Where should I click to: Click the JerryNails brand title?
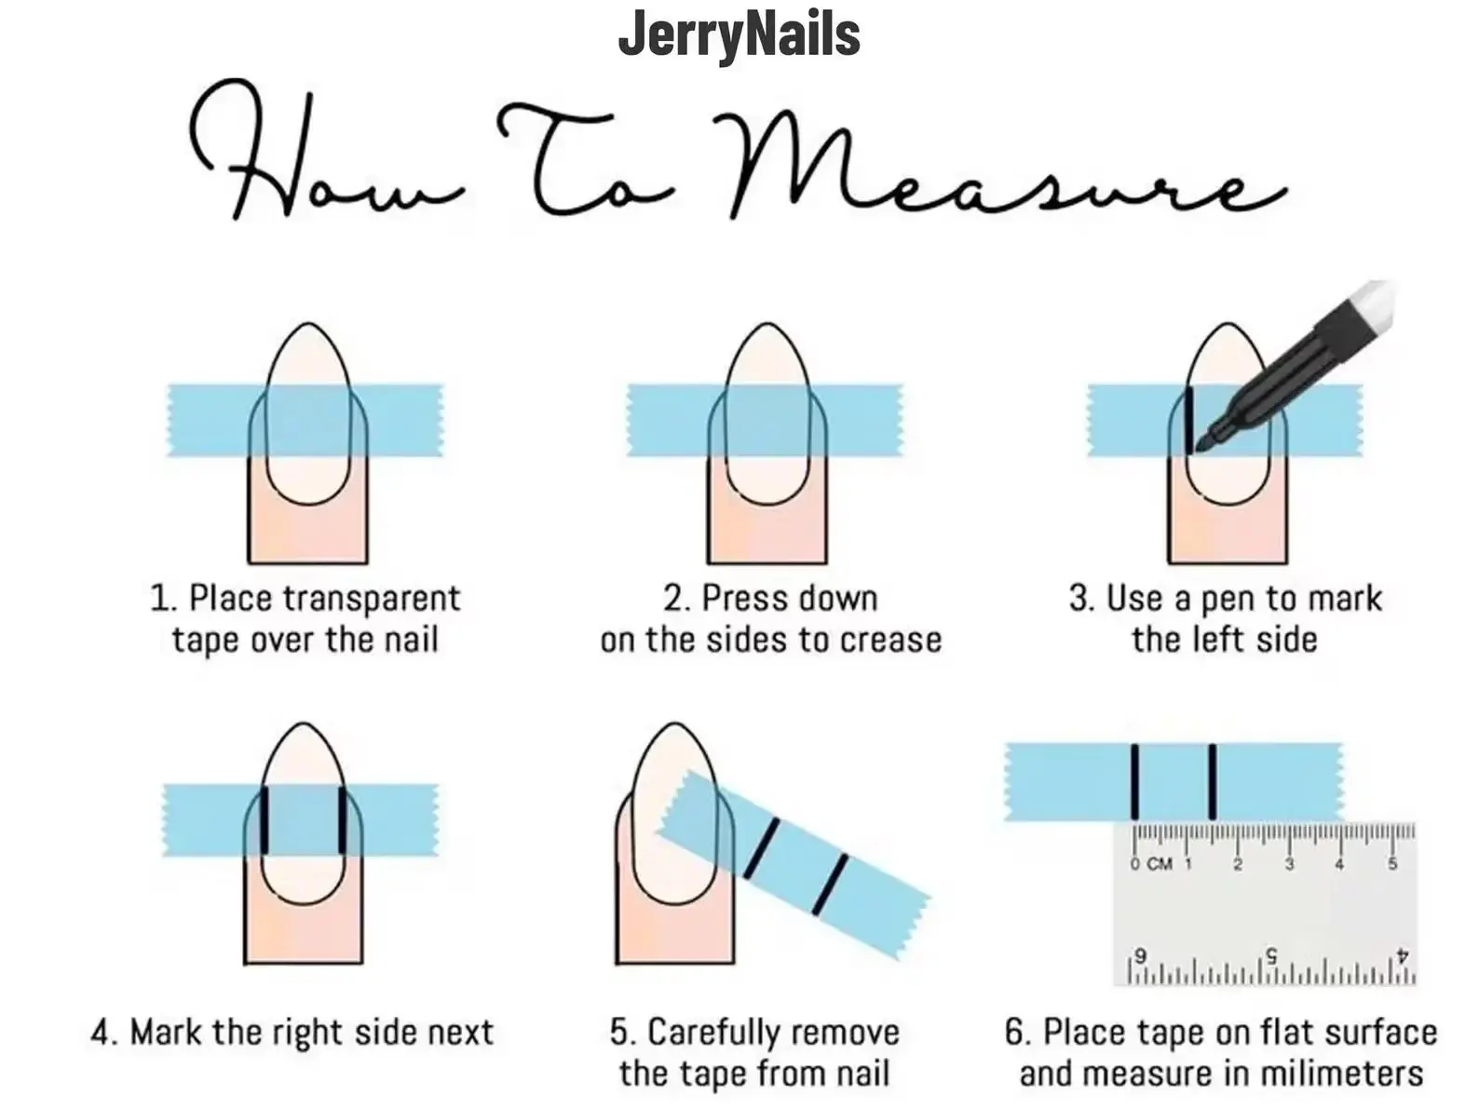(739, 35)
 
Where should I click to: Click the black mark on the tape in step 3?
(1189, 420)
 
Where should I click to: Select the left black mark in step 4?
(265, 819)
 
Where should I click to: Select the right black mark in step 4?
(343, 819)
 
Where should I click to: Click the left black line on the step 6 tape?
(1134, 781)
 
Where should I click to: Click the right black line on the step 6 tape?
(1213, 781)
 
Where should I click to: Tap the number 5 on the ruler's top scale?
(1392, 864)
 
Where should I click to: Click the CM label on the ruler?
(1159, 864)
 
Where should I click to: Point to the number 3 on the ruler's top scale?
(1289, 864)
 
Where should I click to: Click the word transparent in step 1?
(371, 600)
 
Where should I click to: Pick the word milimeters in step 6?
(1342, 1074)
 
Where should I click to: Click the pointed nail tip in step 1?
(308, 326)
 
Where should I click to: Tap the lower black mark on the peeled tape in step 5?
(830, 885)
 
